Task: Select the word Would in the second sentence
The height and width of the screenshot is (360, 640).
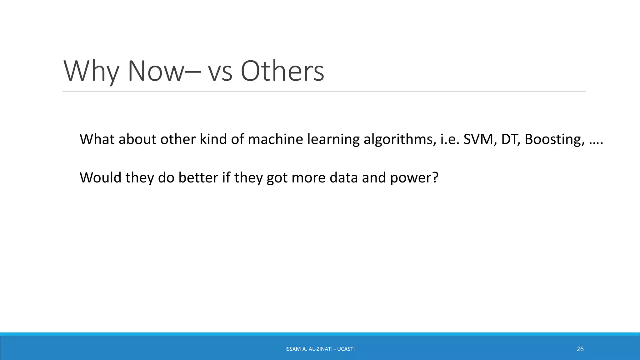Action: pos(100,178)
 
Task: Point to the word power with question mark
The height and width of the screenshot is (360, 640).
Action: pos(414,178)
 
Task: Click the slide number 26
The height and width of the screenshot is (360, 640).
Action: pos(580,349)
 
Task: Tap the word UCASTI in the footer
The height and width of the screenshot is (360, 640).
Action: pos(346,349)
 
